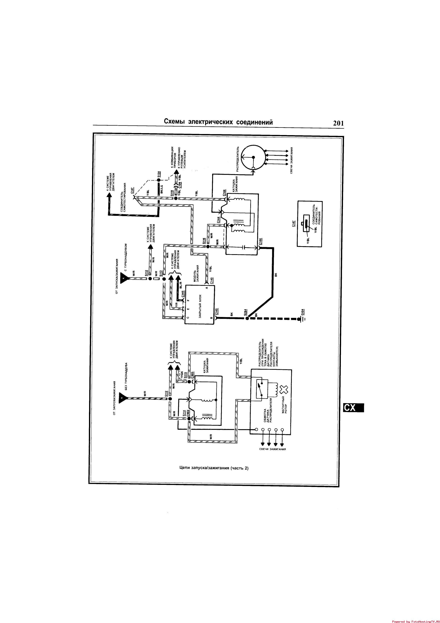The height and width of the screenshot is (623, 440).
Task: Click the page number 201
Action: tap(338, 123)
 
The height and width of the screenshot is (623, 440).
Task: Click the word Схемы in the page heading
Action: tap(174, 122)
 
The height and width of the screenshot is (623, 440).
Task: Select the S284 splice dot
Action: tap(247, 318)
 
